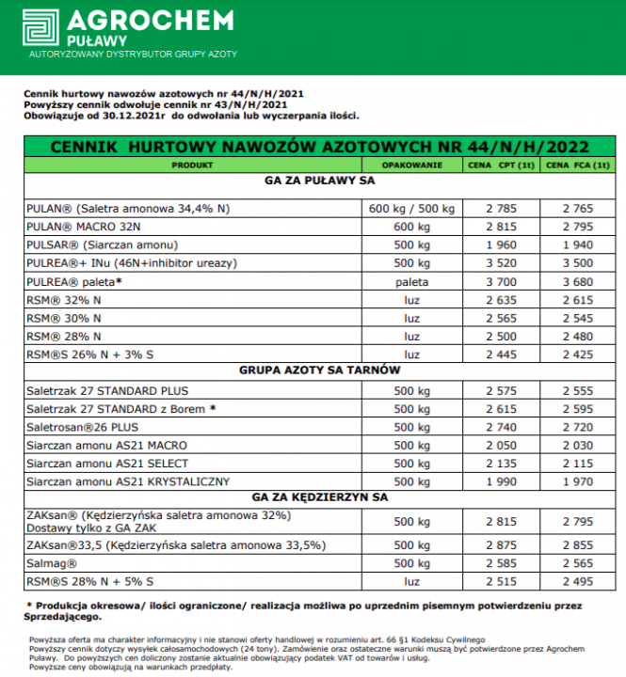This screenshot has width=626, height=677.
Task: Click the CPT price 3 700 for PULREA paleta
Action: tap(503, 281)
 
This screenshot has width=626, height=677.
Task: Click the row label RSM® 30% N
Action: tap(57, 318)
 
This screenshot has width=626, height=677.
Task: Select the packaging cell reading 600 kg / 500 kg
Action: tap(411, 208)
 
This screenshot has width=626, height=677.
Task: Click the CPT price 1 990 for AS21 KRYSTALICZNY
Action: tap(503, 481)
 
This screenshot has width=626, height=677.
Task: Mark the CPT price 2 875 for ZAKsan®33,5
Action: tap(503, 544)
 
